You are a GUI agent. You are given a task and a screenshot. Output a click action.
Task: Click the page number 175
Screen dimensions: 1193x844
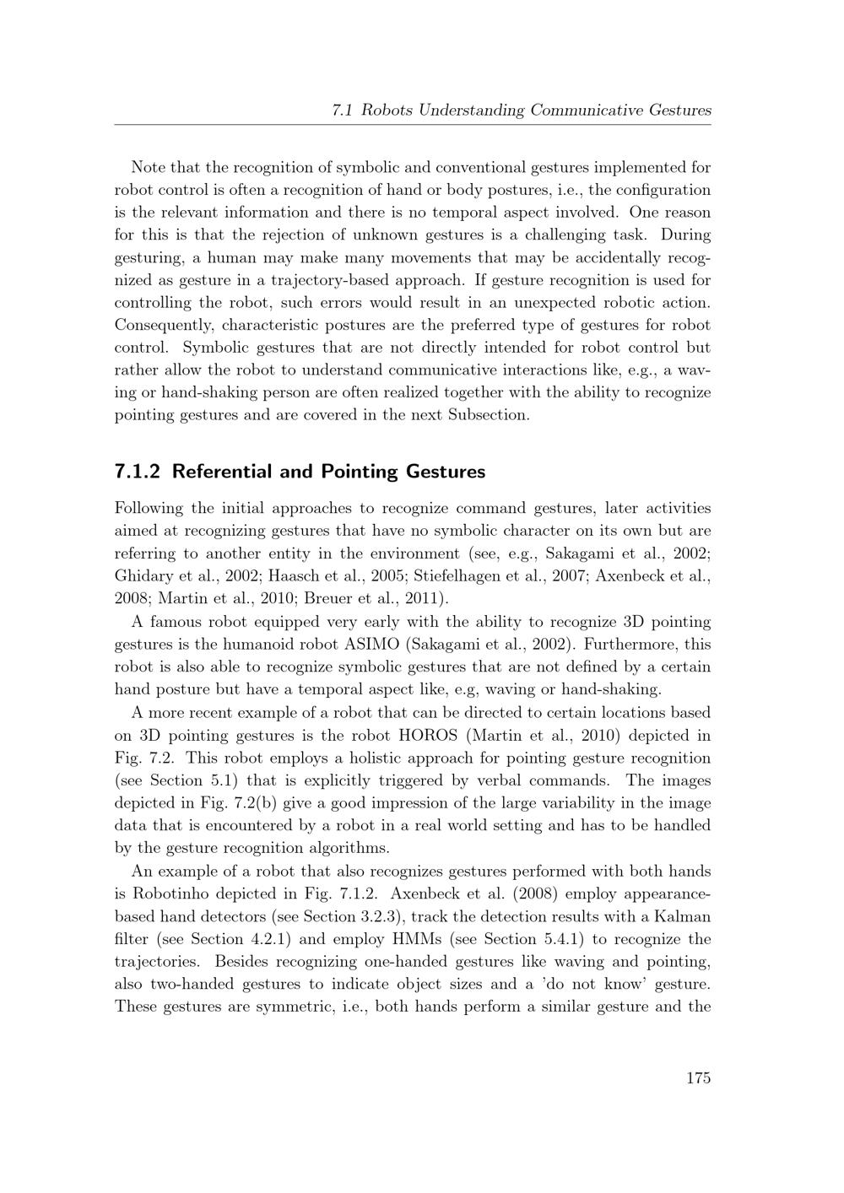tap(698, 1077)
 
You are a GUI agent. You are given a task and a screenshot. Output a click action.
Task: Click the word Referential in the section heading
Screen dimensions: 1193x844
tap(221, 472)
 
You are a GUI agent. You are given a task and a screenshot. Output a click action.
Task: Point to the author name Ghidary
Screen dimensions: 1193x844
tap(140, 576)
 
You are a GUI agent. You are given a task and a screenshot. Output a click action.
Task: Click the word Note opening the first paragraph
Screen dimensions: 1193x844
tap(149, 167)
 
